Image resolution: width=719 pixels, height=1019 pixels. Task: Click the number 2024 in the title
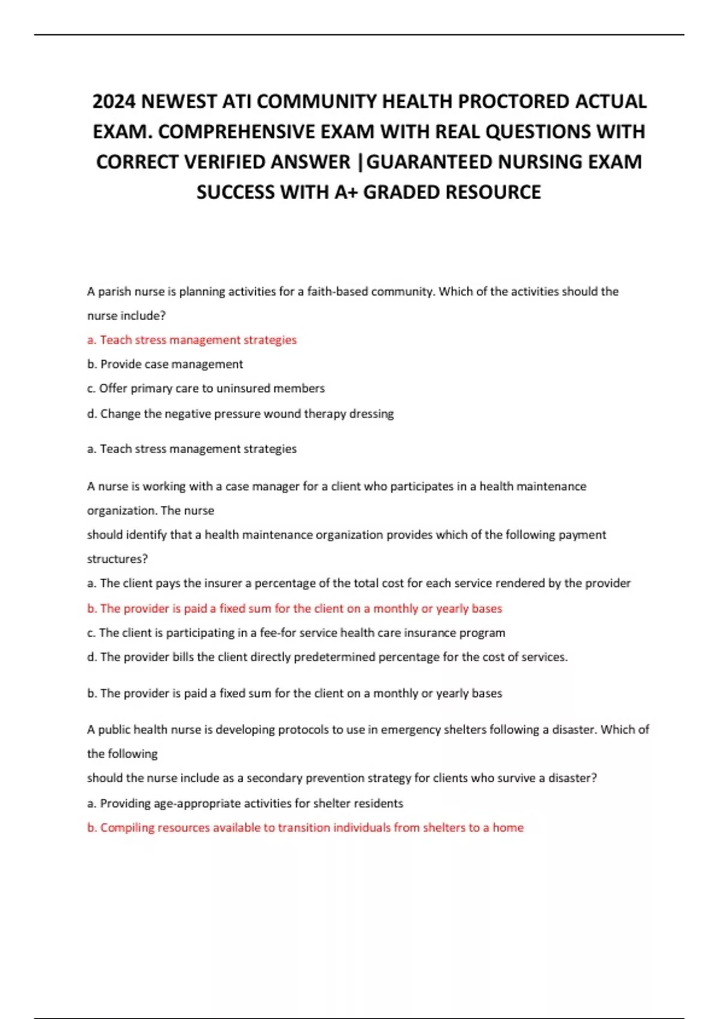[x=114, y=101]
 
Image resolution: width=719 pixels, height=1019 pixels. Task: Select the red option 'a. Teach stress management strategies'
[x=192, y=340]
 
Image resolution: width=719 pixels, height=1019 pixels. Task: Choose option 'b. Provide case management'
[x=165, y=364]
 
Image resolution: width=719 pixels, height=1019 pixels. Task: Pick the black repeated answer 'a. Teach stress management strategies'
[x=192, y=449]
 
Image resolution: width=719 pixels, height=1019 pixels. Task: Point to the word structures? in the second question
[x=117, y=559]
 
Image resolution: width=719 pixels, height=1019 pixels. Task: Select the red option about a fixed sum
[x=294, y=608]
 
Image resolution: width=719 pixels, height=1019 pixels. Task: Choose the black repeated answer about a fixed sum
[x=294, y=694]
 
